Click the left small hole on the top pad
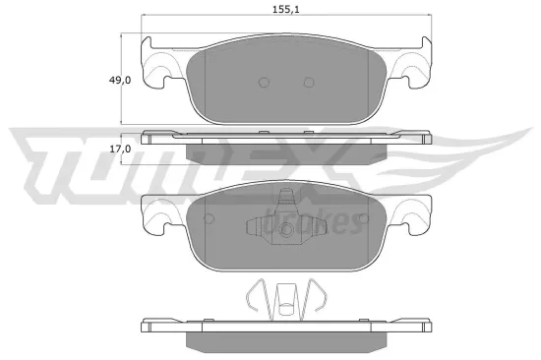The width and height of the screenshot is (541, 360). (x=263, y=83)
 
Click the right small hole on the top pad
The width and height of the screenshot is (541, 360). (x=308, y=83)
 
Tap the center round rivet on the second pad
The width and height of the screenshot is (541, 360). (x=286, y=232)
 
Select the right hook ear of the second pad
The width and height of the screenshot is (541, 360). (x=416, y=217)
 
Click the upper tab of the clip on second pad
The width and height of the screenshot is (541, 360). (x=286, y=198)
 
